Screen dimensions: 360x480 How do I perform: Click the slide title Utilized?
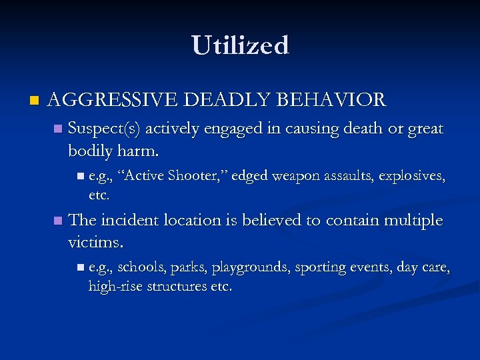pyautogui.click(x=240, y=45)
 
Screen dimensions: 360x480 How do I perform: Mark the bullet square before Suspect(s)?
pyautogui.click(x=58, y=128)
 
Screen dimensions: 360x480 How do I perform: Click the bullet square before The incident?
pyautogui.click(x=58, y=220)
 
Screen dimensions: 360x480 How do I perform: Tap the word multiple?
pyautogui.click(x=413, y=220)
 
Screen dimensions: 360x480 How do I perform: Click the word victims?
pyautogui.click(x=93, y=242)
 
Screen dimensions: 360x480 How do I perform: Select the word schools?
pyautogui.click(x=142, y=267)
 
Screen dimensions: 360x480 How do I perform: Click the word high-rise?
pyautogui.click(x=113, y=287)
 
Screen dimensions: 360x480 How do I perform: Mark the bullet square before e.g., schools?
pyautogui.click(x=80, y=267)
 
